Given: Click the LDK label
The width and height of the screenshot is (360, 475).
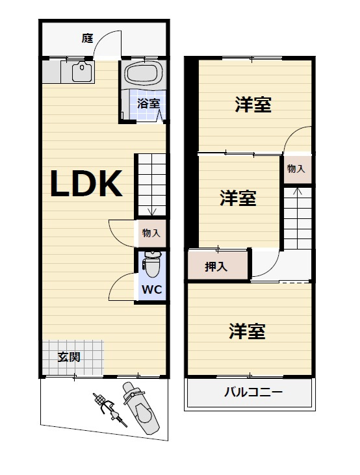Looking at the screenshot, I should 87,184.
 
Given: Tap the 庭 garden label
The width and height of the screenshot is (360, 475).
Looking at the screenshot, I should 87,38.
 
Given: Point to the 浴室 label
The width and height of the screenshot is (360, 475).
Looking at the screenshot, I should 149,103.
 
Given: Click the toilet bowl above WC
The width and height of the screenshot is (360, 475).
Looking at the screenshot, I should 151,263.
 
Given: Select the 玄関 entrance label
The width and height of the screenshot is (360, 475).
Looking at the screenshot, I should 69,357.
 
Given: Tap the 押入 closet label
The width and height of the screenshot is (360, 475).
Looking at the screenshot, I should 216,266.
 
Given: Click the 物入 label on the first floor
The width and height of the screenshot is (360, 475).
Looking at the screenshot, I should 151,232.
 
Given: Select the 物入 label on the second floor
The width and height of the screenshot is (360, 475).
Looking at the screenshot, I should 296,169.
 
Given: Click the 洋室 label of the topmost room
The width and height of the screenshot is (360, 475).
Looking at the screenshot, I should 253,104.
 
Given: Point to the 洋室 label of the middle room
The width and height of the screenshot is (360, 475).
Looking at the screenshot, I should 237,198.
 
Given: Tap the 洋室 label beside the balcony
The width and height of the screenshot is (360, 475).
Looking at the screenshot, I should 247,331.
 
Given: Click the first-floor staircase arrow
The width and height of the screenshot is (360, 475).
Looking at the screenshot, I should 151,210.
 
